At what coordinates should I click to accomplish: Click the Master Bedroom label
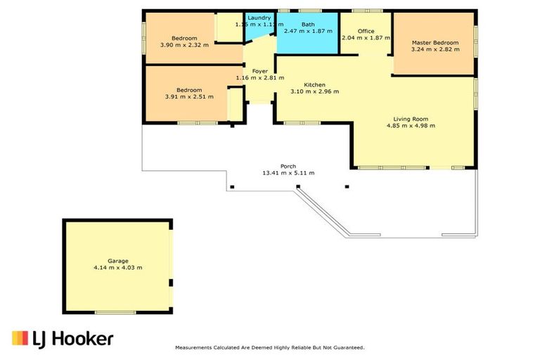point(435,42)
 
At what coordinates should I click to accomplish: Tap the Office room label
point(366,31)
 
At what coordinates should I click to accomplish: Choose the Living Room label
point(411,119)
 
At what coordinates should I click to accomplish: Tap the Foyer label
point(259,70)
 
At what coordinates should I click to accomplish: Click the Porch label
point(288,166)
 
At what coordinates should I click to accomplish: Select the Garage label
point(117,260)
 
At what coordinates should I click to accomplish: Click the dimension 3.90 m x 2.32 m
point(184,45)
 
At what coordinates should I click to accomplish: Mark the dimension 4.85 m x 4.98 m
point(411,126)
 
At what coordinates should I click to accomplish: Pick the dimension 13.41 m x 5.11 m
point(288,173)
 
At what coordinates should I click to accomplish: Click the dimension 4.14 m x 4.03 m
point(117,267)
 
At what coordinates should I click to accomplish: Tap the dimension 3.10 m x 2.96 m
point(314,91)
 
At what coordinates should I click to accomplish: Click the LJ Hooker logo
point(63,339)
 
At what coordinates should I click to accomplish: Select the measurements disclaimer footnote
point(269,347)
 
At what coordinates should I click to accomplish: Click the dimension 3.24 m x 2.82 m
point(435,49)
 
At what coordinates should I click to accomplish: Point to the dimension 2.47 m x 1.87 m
point(308,32)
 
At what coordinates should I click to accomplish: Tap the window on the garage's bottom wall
point(115,311)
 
